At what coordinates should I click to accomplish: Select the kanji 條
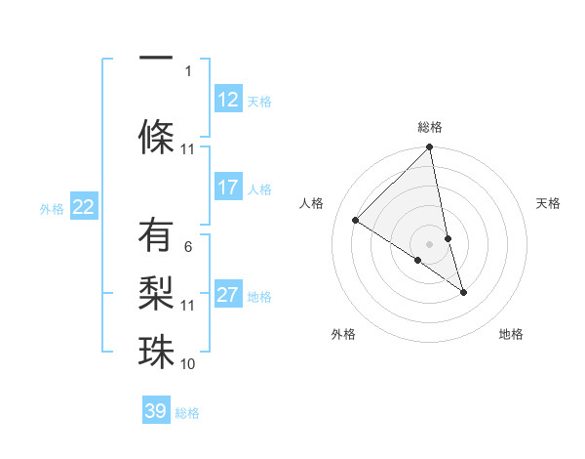(156, 134)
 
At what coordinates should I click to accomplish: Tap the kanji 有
(156, 237)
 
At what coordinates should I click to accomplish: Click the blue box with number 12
(228, 100)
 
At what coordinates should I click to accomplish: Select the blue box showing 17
(228, 188)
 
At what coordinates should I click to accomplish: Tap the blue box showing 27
(228, 295)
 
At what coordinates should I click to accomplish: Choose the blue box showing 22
(84, 207)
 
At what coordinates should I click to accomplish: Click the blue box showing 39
(156, 411)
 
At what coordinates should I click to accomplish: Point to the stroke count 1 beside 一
(188, 70)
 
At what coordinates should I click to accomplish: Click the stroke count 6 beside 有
(188, 247)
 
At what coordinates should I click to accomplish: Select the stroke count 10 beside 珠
(188, 364)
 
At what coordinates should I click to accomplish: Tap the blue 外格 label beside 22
(52, 208)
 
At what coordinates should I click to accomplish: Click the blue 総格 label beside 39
(187, 412)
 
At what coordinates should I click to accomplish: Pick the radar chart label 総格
(430, 127)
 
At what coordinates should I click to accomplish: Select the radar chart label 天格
(548, 203)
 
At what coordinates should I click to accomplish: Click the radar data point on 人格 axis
(356, 221)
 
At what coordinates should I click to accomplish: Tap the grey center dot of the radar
(430, 244)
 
